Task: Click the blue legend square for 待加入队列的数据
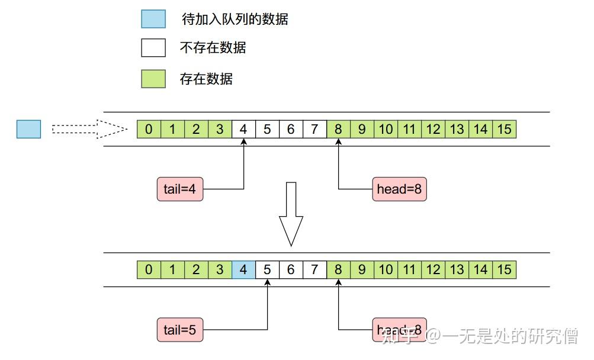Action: pyautogui.click(x=153, y=19)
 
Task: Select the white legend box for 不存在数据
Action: pyautogui.click(x=153, y=48)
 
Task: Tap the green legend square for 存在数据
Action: pyautogui.click(x=153, y=78)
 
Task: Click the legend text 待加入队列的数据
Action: pyautogui.click(x=235, y=19)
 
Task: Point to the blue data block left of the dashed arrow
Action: pyautogui.click(x=28, y=129)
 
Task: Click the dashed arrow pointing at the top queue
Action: pyautogui.click(x=89, y=129)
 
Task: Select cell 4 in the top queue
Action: pyautogui.click(x=243, y=129)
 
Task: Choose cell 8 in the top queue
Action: pyautogui.click(x=338, y=129)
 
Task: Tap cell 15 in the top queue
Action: pyautogui.click(x=504, y=129)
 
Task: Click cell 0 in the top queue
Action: pyautogui.click(x=149, y=129)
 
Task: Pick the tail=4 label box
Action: pyautogui.click(x=180, y=189)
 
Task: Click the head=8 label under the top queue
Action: pyautogui.click(x=399, y=189)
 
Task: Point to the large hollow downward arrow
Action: pyautogui.click(x=291, y=214)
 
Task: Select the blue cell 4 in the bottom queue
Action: pyautogui.click(x=243, y=270)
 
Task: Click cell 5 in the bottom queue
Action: pyautogui.click(x=267, y=270)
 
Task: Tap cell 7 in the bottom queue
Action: pyautogui.click(x=314, y=270)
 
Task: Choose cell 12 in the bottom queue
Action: pyautogui.click(x=433, y=270)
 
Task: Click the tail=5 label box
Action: pyautogui.click(x=180, y=330)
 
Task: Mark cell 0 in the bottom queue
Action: pyautogui.click(x=149, y=270)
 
